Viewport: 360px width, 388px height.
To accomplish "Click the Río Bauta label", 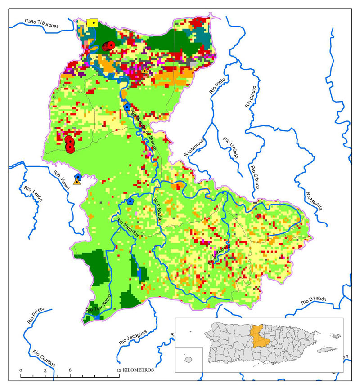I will click(161, 206).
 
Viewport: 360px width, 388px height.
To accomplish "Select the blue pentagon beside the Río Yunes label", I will click(78, 176).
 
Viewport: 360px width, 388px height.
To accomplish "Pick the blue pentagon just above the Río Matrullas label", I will click(130, 201).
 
